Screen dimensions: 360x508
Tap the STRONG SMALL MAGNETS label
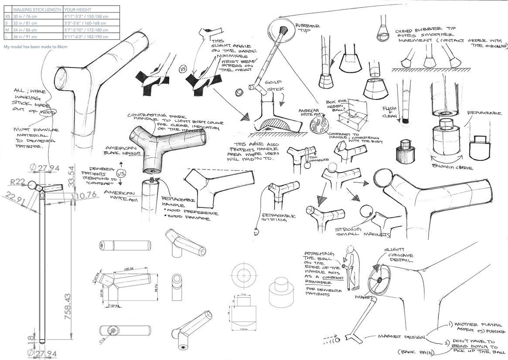pos(361,233)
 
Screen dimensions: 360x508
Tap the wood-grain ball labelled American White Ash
pos(319,123)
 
